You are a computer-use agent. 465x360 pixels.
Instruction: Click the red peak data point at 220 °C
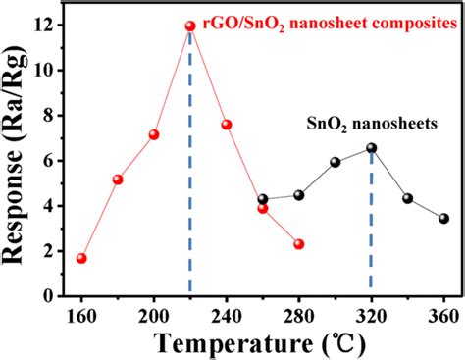click(x=190, y=26)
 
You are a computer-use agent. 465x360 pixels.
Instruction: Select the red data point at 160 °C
click(x=81, y=259)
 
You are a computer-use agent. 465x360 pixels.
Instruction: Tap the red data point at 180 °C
click(x=118, y=180)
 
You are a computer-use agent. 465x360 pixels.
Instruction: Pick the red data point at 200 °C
click(x=154, y=134)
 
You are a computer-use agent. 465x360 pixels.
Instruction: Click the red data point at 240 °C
click(x=227, y=125)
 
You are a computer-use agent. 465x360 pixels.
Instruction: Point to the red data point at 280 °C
click(x=299, y=244)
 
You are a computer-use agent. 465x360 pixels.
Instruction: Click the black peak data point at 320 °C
click(x=371, y=148)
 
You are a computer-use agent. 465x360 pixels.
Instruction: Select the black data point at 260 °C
click(x=263, y=199)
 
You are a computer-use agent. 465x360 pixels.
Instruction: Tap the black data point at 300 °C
click(x=336, y=162)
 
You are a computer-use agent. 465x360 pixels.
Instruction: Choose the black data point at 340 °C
click(x=407, y=198)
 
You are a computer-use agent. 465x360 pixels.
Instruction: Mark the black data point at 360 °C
click(x=443, y=219)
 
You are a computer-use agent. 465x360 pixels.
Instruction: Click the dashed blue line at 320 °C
click(x=371, y=226)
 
